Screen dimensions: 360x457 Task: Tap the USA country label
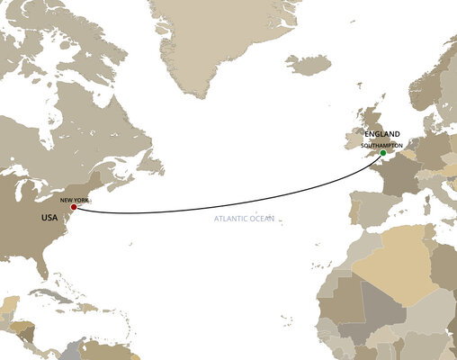tap(49, 218)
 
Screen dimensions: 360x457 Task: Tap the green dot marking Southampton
tap(383, 153)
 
